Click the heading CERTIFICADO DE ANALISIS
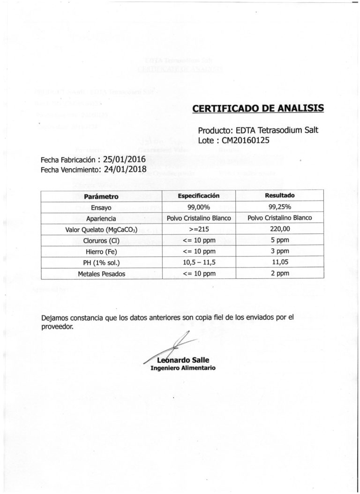(258, 109)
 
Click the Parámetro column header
(101, 196)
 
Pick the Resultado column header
(280, 195)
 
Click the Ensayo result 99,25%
(280, 207)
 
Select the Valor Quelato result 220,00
(280, 229)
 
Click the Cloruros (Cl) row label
(102, 240)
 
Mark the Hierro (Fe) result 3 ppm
(280, 251)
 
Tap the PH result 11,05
(280, 262)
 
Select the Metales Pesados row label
(102, 274)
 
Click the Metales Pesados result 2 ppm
(280, 273)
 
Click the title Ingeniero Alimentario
(183, 368)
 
